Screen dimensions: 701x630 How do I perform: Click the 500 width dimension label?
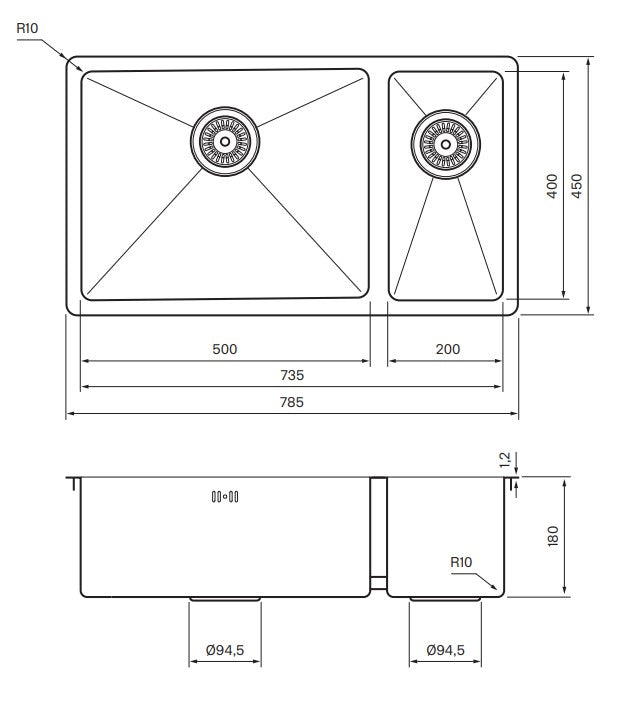point(225,349)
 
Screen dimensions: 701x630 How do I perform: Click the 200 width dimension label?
point(448,349)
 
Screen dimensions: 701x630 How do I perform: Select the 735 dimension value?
point(292,375)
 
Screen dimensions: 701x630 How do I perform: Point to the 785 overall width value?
point(292,402)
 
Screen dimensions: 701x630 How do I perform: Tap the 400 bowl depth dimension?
point(552,186)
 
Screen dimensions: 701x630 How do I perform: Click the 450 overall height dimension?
point(577,186)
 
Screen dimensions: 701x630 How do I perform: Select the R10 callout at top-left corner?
point(29,29)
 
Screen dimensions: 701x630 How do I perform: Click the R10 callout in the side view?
point(460,562)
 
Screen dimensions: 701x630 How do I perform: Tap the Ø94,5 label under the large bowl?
point(225,651)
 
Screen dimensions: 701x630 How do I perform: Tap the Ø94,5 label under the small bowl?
point(446,651)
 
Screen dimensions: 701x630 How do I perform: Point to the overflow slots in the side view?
point(225,496)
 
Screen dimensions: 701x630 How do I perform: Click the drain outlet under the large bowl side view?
point(225,599)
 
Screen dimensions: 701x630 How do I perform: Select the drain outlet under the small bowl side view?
point(447,599)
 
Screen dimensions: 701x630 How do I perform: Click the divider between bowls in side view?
point(379,535)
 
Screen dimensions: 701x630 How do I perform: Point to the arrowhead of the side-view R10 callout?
point(496,587)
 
